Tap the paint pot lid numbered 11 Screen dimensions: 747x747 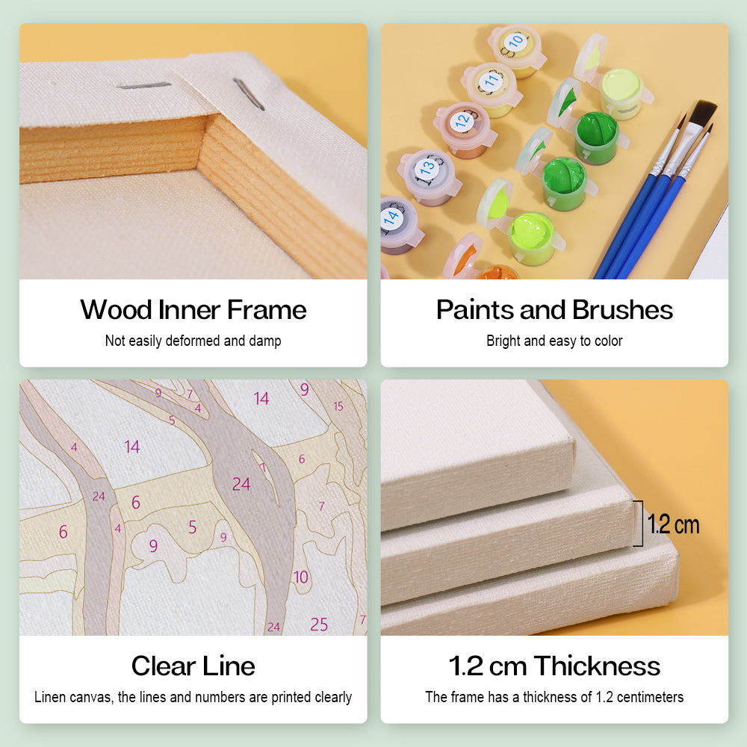click(x=490, y=81)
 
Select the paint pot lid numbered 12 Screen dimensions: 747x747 click(x=462, y=121)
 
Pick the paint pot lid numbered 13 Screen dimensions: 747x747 click(x=427, y=167)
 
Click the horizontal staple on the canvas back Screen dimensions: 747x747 click(x=144, y=85)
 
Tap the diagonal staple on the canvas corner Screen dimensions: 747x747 click(x=249, y=94)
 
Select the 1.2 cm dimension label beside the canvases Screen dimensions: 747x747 click(x=673, y=524)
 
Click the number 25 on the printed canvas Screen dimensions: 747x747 click(x=319, y=624)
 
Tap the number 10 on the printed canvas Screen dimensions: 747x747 click(x=300, y=577)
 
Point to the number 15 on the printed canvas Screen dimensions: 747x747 click(x=338, y=406)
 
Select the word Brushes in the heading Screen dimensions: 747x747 click(x=622, y=310)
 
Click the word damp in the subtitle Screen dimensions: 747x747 click(x=265, y=341)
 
